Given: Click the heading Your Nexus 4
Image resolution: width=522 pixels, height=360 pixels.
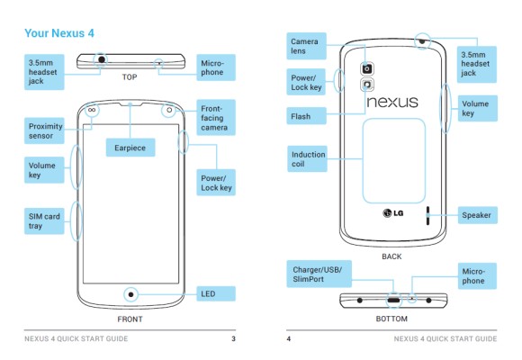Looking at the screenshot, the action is (59, 33).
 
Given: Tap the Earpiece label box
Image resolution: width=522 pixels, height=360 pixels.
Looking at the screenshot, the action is (130, 148).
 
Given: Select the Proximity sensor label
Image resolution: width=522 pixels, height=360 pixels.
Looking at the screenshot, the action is (44, 130).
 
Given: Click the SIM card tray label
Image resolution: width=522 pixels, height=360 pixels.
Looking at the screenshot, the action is (44, 220).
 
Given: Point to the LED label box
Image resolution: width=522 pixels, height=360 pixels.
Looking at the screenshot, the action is (216, 293).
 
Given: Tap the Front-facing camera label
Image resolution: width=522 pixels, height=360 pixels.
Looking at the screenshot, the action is (216, 118).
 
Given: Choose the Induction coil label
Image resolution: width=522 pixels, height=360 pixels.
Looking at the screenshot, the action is (307, 159).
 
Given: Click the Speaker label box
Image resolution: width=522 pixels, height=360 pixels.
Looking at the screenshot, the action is (477, 215).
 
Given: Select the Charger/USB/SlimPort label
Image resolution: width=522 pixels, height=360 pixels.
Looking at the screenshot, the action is (319, 274).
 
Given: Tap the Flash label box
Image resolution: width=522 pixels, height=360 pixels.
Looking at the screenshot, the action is (306, 116).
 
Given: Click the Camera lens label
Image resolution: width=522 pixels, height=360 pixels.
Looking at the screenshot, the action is (306, 46).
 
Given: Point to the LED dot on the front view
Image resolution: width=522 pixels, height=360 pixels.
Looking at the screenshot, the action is (130, 294).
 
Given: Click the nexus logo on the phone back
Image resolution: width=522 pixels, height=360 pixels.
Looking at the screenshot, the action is (392, 102).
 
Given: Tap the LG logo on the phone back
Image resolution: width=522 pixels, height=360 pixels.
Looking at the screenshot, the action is (393, 212).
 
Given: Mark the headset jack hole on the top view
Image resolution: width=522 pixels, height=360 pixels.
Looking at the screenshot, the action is (102, 59).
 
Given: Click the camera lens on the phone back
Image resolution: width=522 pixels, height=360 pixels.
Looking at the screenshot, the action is (367, 69).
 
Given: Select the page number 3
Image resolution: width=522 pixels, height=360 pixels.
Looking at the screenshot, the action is (233, 338).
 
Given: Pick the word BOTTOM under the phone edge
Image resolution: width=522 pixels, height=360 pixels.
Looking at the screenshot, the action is (391, 319).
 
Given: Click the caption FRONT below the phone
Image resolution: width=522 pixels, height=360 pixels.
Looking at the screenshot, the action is (130, 319).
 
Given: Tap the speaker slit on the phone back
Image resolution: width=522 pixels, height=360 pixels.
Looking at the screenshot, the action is (427, 215).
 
